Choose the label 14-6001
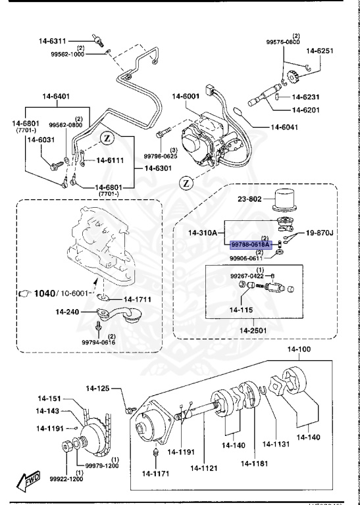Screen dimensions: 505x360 click(x=186, y=97)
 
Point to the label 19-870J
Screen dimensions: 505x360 click(x=320, y=233)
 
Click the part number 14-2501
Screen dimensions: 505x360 click(x=254, y=329)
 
